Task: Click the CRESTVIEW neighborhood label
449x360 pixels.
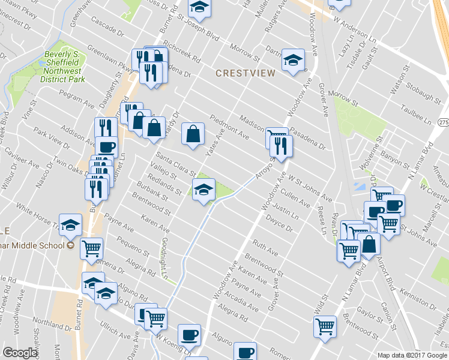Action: click(x=246, y=73)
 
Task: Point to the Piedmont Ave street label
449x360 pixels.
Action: click(x=229, y=127)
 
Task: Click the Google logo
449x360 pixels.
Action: click(x=20, y=353)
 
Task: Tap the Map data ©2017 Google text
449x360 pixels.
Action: click(x=412, y=355)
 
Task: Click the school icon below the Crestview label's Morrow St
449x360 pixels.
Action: click(x=293, y=62)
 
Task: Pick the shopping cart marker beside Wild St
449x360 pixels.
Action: click(x=325, y=327)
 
